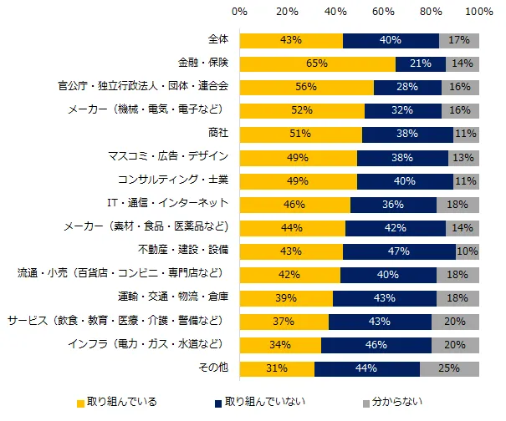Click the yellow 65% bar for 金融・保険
(x=317, y=63)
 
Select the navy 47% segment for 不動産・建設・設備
(x=399, y=251)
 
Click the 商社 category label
(x=217, y=134)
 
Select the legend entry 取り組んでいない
(x=265, y=403)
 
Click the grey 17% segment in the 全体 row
(x=459, y=40)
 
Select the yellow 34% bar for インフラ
(x=280, y=345)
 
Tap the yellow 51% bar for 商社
(x=300, y=134)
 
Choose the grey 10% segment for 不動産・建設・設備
(x=468, y=251)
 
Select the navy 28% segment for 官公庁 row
(x=407, y=87)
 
